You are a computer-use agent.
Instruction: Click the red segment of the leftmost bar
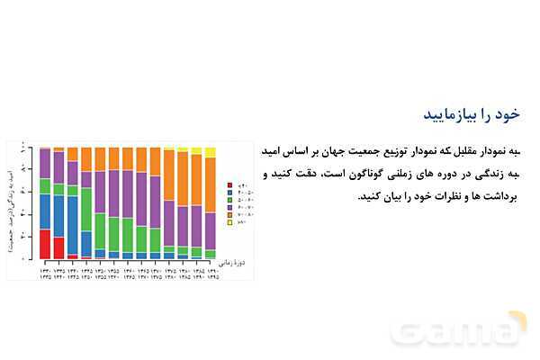pos(45,244)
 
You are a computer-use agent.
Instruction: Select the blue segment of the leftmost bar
pos(45,211)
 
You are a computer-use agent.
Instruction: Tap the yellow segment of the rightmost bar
pos(211,152)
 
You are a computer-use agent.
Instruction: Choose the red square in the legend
pos(231,184)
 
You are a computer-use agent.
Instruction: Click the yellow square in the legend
pos(231,222)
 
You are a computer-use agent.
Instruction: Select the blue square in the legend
pos(231,193)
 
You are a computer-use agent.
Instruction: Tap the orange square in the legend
pos(231,215)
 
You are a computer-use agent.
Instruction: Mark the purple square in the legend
pos(231,208)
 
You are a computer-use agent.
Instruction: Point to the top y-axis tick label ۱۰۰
pos(31,148)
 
